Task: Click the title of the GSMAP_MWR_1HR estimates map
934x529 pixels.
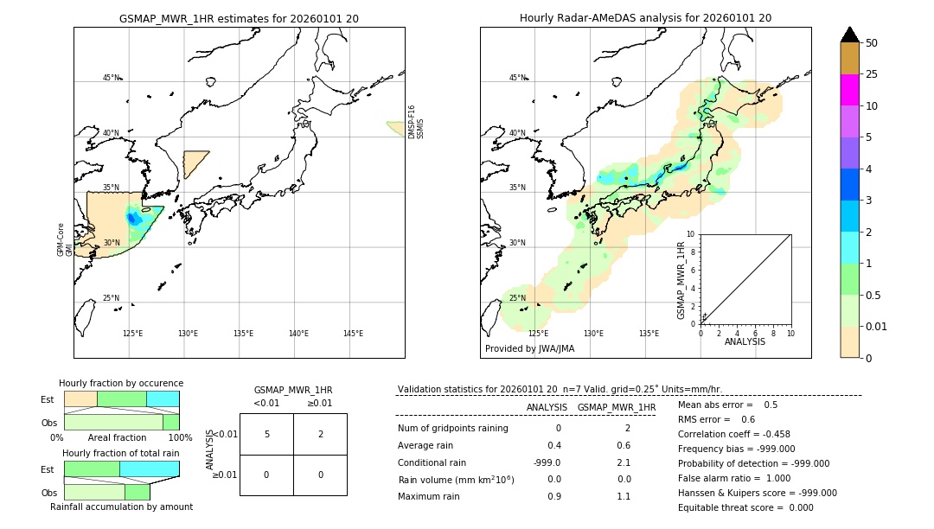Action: coord(239,18)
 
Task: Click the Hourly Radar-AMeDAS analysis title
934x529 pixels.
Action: coord(645,18)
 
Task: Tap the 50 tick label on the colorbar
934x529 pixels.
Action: coord(872,43)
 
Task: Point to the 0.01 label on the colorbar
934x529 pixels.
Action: coord(877,327)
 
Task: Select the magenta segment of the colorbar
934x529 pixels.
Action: coord(849,90)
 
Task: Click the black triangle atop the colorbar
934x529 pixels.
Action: coord(849,35)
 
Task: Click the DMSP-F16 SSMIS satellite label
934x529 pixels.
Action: coord(416,122)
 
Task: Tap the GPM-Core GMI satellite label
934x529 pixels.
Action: coord(65,239)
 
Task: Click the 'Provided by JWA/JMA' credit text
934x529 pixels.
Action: coord(529,349)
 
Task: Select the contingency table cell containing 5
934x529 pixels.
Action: coord(266,434)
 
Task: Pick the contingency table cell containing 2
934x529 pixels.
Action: coord(320,434)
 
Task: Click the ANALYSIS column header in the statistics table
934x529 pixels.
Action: coord(547,407)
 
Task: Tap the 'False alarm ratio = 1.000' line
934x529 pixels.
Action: coord(734,478)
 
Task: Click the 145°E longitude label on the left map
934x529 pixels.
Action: coord(353,334)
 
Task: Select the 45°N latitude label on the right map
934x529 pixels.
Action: coord(517,78)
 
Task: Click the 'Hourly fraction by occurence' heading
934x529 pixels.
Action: coord(121,383)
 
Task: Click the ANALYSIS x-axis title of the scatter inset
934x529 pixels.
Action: coord(745,341)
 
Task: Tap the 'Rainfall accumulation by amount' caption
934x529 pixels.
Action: coord(121,507)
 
